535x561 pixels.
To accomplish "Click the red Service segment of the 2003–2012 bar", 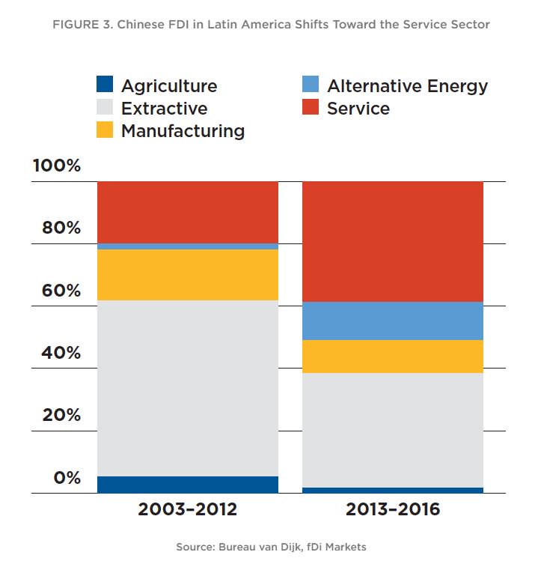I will tap(187, 212).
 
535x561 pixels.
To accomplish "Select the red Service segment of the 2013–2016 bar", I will tap(392, 241).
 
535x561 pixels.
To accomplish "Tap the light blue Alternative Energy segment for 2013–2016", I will tap(392, 321).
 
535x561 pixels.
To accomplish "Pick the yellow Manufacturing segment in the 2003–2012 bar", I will tap(187, 275).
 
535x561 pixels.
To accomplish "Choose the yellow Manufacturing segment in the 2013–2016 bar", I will tap(392, 357).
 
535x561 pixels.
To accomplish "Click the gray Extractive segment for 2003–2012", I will tap(187, 388).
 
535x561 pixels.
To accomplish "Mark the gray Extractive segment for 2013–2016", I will tap(392, 430).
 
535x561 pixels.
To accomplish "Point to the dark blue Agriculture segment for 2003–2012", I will tap(187, 485).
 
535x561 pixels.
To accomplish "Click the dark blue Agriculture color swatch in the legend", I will tap(106, 85).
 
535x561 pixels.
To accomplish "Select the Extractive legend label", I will tap(164, 109).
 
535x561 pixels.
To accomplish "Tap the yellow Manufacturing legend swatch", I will tap(106, 130).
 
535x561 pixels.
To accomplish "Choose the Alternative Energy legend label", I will tap(407, 86).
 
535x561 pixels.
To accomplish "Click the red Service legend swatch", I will tap(311, 108).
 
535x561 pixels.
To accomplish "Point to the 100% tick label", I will tap(57, 166).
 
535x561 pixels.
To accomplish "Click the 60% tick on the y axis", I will tap(61, 291).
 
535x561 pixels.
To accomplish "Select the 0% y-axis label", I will tap(67, 478).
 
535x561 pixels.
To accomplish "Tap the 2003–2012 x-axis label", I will tap(187, 510).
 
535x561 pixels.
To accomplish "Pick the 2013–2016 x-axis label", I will tap(392, 510).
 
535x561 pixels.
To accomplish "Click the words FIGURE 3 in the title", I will tap(77, 25).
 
